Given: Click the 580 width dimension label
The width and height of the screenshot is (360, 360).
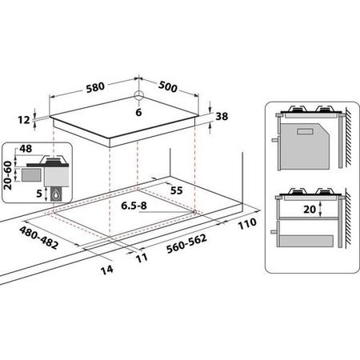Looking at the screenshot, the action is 95,87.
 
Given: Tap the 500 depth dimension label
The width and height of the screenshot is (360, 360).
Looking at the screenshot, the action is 168,86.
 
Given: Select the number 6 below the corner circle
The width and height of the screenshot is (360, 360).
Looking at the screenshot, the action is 138,112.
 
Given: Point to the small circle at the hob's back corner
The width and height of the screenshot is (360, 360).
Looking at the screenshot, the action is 138,95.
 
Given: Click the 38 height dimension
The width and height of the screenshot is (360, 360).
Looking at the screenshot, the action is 222,116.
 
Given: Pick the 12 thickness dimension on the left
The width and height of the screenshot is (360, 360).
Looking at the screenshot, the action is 24,120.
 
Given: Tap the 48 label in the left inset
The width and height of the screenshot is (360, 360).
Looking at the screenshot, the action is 26,149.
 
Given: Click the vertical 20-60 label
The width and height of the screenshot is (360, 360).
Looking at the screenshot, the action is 8,175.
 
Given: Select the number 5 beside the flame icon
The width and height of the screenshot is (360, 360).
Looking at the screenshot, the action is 39,193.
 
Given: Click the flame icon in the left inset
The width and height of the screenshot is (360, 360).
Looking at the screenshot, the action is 55,195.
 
